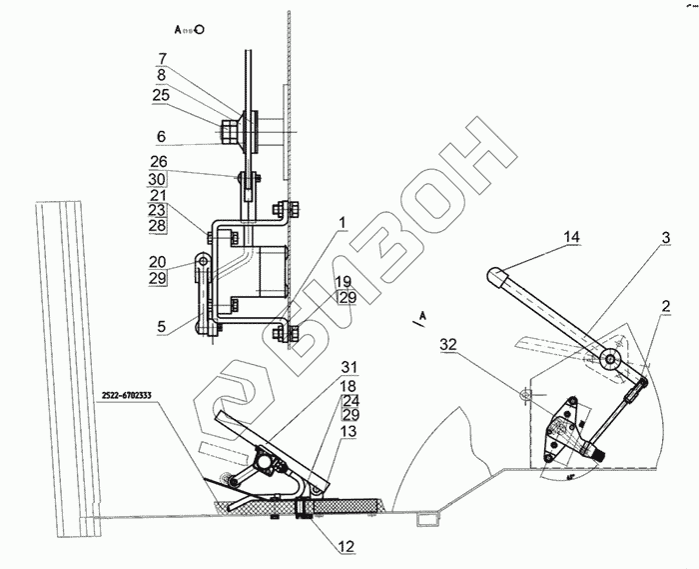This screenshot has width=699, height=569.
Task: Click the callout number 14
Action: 569,237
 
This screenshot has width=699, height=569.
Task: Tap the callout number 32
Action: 447,345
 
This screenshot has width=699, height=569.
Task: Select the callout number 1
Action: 341,221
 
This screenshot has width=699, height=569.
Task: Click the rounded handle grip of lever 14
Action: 497,273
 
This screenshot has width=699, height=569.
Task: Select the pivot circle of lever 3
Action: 612,359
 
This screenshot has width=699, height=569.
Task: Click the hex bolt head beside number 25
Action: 227,131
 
